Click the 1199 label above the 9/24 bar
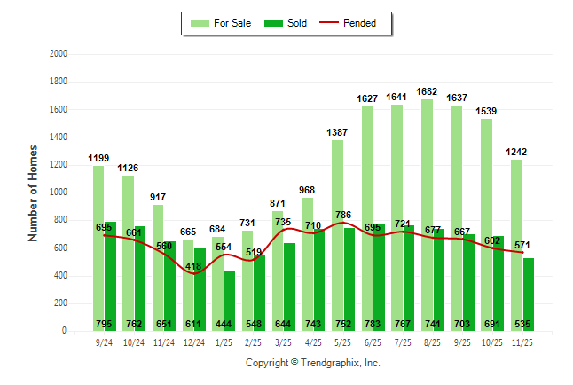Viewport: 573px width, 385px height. coord(98,158)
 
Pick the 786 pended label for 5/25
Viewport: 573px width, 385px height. coord(343,215)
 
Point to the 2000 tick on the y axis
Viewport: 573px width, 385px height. coord(59,54)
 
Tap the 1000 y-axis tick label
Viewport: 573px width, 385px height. coord(59,192)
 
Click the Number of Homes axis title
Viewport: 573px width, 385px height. coord(33,192)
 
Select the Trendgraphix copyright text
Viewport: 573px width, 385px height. coord(312,363)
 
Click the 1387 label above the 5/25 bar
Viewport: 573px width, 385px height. coord(337,132)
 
